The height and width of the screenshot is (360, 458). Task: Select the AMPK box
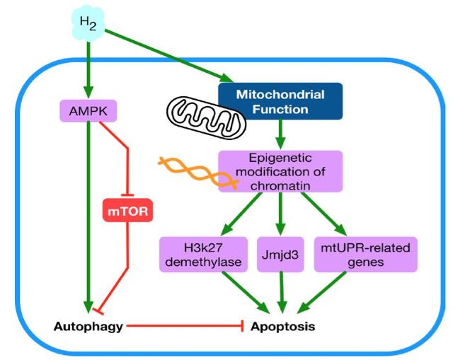[x=88, y=110]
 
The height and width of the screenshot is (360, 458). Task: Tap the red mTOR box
[x=128, y=210]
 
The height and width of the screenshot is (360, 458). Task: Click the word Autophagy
[x=89, y=327]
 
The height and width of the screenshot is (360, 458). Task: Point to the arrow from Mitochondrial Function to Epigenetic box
[x=281, y=133]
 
